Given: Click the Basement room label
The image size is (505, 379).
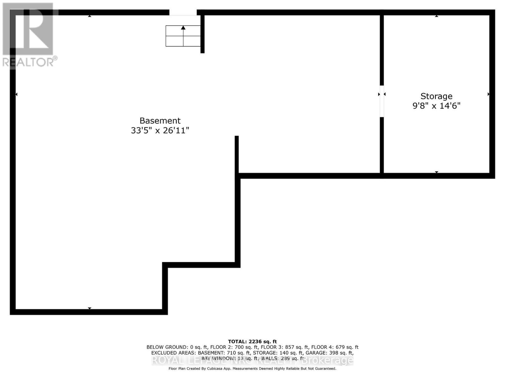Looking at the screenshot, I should (x=160, y=121).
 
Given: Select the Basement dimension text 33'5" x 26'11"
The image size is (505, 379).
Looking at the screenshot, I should (x=160, y=130).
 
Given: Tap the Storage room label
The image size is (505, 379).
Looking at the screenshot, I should (x=436, y=96).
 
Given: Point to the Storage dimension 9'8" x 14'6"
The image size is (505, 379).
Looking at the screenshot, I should (x=436, y=105).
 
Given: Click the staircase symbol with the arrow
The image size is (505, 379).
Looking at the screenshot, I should (x=183, y=36).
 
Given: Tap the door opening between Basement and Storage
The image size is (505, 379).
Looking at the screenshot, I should (x=382, y=101).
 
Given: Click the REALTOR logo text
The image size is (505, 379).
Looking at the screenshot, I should (x=30, y=62).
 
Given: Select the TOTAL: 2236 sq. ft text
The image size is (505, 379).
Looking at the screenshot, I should (x=252, y=341).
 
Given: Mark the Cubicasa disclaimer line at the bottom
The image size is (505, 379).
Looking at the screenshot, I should (x=252, y=369).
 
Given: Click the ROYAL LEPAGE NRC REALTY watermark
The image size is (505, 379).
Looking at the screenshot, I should (x=252, y=360).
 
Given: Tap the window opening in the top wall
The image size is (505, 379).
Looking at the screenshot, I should (x=183, y=13).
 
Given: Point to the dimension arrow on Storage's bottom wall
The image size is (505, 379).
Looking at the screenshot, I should (x=437, y=172).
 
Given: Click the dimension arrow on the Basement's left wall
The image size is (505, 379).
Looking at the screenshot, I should (x=16, y=94).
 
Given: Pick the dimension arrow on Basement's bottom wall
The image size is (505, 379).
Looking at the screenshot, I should (x=90, y=308).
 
